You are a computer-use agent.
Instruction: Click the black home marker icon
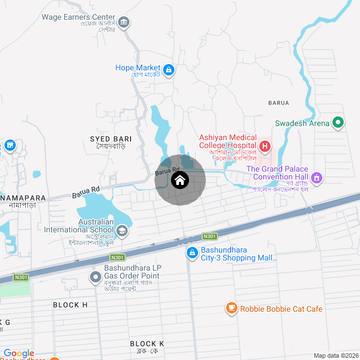point(180,181)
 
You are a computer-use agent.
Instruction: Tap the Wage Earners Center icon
point(124,23)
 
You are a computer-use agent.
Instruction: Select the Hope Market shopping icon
point(169,70)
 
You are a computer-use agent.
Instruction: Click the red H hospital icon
point(265,148)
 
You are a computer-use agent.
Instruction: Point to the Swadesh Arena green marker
point(338,122)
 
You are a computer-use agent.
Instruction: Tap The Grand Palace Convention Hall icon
point(317,178)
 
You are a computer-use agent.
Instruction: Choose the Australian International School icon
point(122,231)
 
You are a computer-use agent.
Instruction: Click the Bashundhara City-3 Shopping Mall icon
point(192,254)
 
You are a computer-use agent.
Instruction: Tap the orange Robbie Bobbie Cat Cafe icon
point(231,308)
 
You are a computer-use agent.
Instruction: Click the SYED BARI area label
point(111,138)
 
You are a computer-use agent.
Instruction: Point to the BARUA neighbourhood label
point(278,103)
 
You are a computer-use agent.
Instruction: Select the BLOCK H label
point(70,305)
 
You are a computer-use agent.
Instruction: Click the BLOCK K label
point(147,343)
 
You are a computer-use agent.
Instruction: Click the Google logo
point(19,353)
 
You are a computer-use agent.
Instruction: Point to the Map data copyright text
point(336,355)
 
